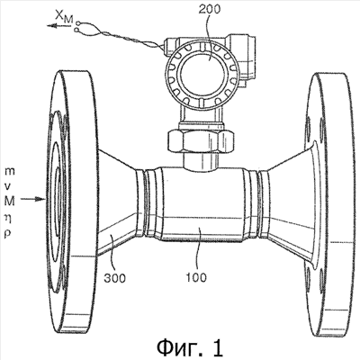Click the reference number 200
point(209,9)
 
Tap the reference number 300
point(115,278)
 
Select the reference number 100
point(196,277)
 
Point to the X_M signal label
point(64,18)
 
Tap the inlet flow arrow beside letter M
point(33,199)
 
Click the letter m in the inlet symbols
point(10,172)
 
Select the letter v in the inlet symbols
point(9,186)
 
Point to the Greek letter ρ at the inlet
point(8,234)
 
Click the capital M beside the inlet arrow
point(10,202)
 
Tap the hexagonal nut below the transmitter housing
point(201,140)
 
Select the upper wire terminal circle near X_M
point(78,22)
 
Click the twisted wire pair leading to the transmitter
point(120,36)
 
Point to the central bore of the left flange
point(58,192)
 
